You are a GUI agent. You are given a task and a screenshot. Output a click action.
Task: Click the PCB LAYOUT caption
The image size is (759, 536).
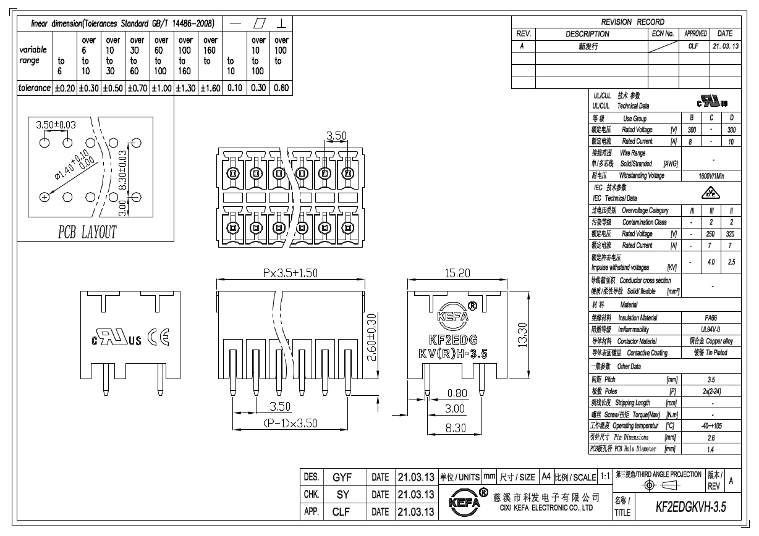(87, 232)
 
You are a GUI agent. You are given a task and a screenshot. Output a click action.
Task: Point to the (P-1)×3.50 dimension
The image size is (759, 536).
(290, 423)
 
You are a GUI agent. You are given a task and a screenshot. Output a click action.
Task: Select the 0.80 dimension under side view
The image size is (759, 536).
(457, 393)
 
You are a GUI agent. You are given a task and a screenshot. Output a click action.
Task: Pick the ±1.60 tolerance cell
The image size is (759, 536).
(210, 88)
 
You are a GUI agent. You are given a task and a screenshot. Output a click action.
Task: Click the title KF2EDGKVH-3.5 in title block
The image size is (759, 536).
(690, 507)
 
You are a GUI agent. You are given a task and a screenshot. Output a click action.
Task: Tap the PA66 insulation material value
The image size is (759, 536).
(713, 317)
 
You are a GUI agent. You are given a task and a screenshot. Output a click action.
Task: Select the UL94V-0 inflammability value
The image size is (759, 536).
(713, 329)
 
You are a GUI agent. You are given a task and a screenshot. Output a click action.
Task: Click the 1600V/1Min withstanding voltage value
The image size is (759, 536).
(713, 176)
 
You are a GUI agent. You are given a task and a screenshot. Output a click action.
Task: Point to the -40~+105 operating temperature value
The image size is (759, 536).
(713, 426)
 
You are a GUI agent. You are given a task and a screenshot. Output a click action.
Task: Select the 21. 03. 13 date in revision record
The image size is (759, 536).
(725, 46)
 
